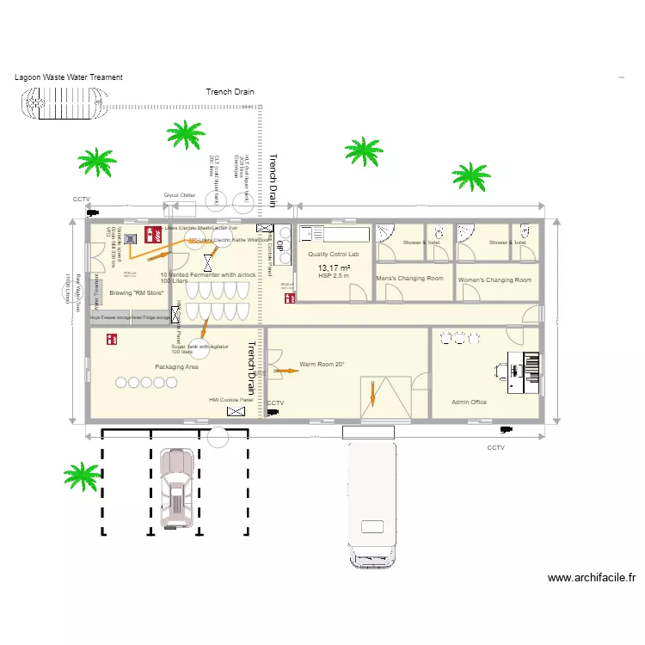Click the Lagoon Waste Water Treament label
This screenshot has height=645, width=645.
click(69, 77)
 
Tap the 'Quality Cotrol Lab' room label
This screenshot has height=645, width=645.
click(333, 255)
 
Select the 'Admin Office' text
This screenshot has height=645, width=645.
click(470, 402)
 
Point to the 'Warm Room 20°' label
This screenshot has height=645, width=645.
click(322, 365)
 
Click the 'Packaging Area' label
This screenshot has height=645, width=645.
click(176, 367)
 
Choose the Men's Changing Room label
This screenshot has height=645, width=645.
click(409, 279)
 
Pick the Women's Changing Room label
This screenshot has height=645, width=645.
click(494, 280)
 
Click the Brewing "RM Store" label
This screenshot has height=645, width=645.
click(137, 293)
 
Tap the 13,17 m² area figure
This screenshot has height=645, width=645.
click(334, 268)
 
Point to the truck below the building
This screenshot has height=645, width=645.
click(372, 503)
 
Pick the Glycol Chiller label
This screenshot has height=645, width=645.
click(180, 195)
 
